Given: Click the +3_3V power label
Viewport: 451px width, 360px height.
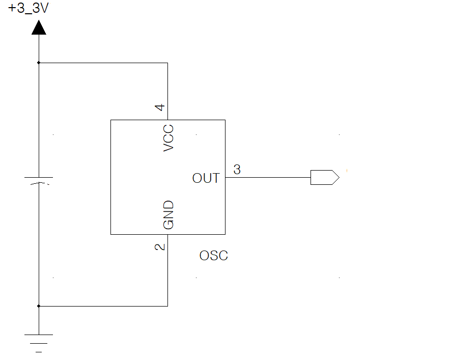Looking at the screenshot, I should point(28,10).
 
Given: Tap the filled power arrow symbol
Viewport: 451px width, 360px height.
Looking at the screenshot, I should point(39,27).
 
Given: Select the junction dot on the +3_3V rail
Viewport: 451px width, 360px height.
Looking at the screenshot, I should point(39,63).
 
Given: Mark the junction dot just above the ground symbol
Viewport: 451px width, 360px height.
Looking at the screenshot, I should point(39,306).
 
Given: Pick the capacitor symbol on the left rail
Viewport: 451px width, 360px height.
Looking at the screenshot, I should point(39,180).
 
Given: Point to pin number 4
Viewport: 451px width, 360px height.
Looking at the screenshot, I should point(160,107).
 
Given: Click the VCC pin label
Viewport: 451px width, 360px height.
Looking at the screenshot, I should point(168,138).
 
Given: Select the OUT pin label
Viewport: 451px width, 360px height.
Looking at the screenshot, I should point(206,178).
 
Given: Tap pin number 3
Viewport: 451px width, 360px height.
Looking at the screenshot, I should point(237,170).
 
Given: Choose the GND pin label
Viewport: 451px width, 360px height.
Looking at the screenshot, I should point(168,214).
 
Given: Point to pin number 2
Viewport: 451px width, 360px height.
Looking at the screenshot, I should point(160,246).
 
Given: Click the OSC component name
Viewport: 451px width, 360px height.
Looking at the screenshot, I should point(213,256).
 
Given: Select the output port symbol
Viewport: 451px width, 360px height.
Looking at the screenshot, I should point(324,178).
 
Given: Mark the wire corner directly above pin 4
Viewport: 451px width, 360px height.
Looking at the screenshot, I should point(167,63).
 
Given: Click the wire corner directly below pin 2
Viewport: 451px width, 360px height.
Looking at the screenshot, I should point(167,306).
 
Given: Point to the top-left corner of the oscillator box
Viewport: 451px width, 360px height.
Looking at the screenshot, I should point(111,120).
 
